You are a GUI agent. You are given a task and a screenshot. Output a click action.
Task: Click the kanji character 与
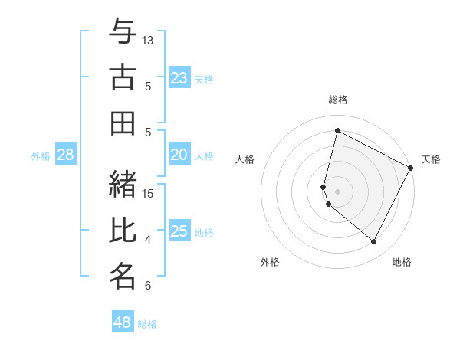click(123, 31)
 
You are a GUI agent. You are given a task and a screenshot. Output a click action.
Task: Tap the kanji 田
click(123, 123)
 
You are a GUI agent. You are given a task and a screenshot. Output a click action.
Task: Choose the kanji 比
click(123, 229)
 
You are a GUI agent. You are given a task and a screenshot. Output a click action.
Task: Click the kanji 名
click(123, 275)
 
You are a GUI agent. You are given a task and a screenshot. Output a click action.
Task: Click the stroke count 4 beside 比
click(148, 240)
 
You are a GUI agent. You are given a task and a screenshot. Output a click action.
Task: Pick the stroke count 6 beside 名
click(148, 286)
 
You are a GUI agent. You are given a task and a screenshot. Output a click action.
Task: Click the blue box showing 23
click(179, 78)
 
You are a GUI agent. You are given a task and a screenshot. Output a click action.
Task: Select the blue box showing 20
click(179, 155)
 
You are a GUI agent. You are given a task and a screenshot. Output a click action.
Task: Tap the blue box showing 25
click(179, 232)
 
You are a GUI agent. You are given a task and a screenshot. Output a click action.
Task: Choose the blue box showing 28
click(66, 155)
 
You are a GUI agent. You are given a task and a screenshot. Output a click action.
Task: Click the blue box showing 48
click(123, 322)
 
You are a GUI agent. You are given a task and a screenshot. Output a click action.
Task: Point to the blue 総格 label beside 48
click(147, 324)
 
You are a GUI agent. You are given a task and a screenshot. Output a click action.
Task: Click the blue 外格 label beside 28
click(41, 156)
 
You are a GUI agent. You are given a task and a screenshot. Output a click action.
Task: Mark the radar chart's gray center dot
click(337, 191)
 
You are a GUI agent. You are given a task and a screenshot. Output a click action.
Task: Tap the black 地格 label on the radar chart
click(402, 263)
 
